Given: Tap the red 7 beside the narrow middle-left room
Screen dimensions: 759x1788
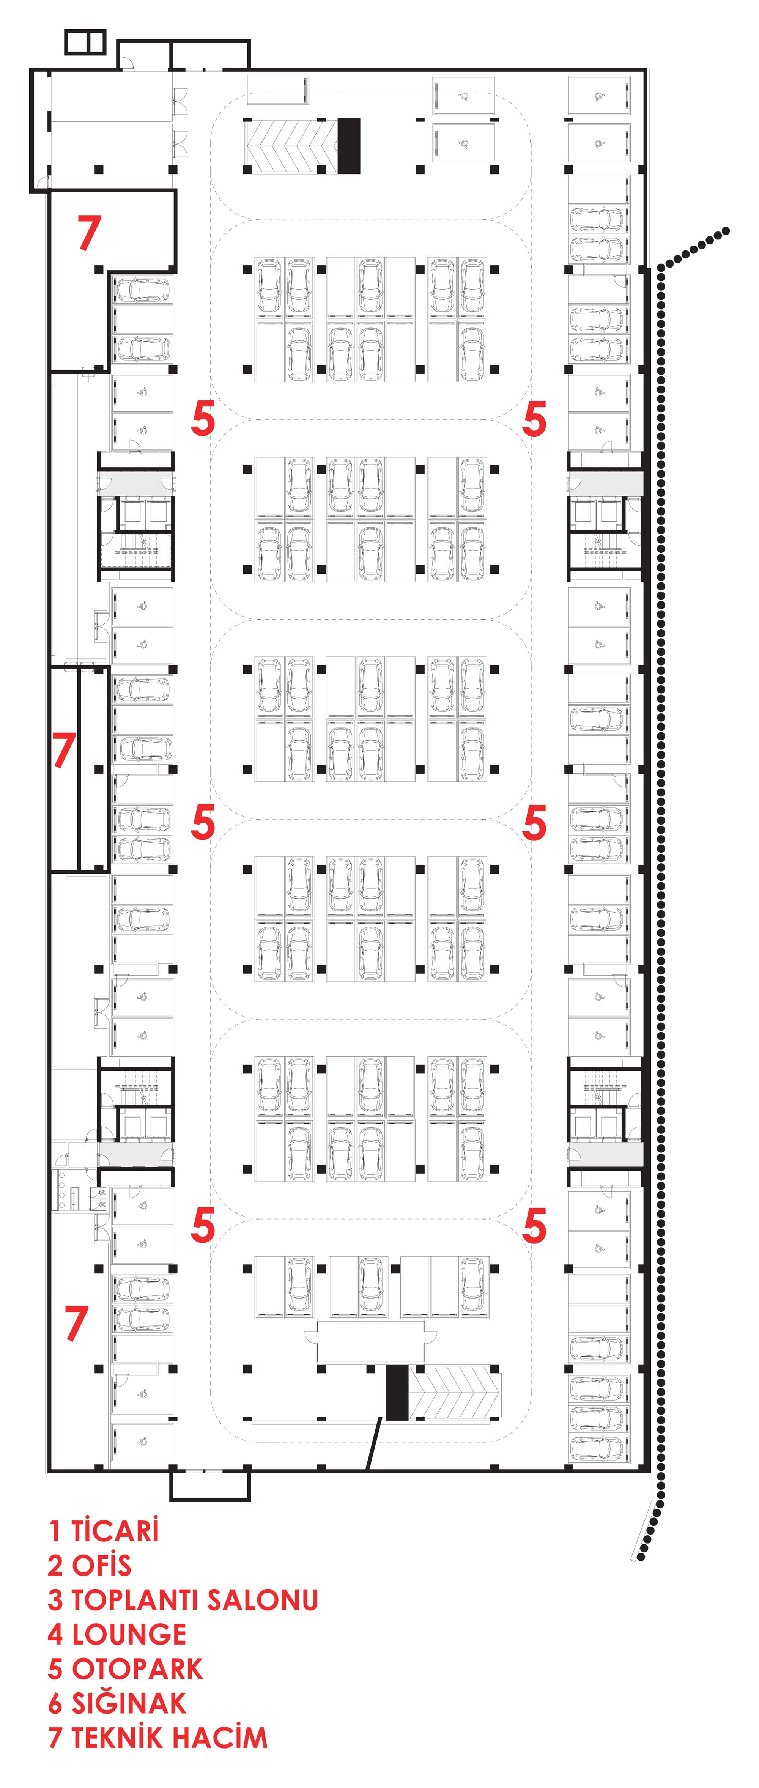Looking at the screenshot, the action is point(64,750).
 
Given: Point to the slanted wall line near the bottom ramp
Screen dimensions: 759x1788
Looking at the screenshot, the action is point(373,1444).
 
